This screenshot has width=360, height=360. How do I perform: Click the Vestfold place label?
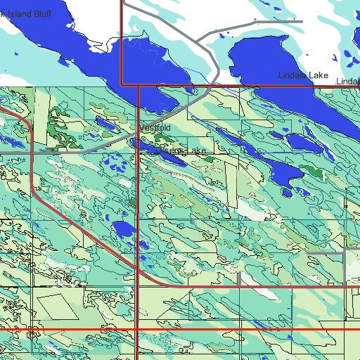tap(154, 128)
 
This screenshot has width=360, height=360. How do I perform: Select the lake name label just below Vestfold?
tap(181, 150)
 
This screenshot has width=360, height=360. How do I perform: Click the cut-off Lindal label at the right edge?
tap(348, 82)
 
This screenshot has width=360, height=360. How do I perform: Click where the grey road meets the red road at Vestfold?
tap(139, 132)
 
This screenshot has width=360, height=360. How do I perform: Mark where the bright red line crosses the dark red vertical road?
tap(136, 329)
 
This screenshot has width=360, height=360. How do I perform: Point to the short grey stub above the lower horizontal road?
tap(240, 279)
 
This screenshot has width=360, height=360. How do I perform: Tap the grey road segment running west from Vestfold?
tap(105, 146)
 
